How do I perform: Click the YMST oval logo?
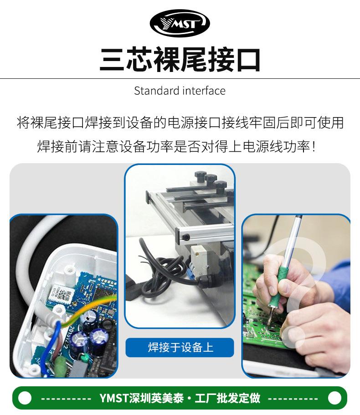[180, 23]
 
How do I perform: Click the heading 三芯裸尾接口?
[180, 59]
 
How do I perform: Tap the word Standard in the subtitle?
[157, 91]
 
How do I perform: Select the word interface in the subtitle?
[204, 91]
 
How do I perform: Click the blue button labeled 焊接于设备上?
[180, 347]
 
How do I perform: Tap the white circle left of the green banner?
[25, 398]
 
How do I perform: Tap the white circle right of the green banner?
[334, 398]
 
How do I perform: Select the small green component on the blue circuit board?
[84, 358]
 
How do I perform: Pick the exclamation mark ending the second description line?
[314, 146]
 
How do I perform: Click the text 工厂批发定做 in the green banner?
[228, 398]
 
